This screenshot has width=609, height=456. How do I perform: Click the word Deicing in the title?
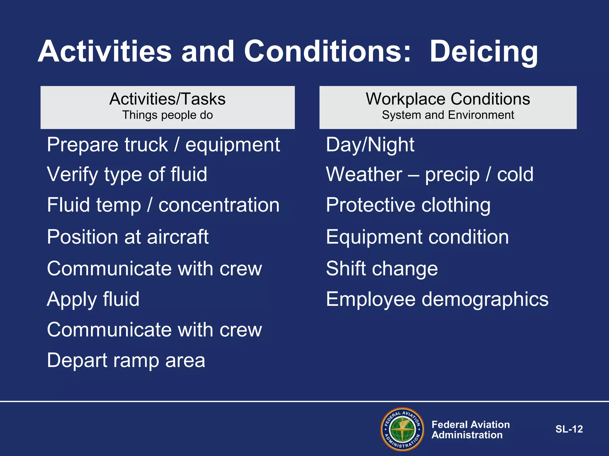pyautogui.click(x=484, y=52)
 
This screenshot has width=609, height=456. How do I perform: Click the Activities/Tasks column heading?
pyautogui.click(x=167, y=99)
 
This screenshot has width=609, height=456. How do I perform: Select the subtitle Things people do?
pyautogui.click(x=167, y=115)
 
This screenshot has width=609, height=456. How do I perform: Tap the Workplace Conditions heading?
pyautogui.click(x=448, y=99)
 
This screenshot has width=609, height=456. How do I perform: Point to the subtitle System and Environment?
pyautogui.click(x=448, y=115)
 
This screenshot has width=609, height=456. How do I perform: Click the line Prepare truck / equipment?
pyautogui.click(x=163, y=145)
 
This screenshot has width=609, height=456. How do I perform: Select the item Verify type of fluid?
pyautogui.click(x=127, y=175)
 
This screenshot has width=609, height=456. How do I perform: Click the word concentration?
pyautogui.click(x=219, y=205)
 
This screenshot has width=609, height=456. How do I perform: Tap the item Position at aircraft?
pyautogui.click(x=128, y=237)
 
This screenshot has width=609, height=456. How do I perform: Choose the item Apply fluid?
pyautogui.click(x=93, y=299)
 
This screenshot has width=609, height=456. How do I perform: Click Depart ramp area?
pyautogui.click(x=126, y=361)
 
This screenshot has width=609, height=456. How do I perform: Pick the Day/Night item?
pyautogui.click(x=370, y=145)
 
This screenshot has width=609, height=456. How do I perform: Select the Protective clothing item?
pyautogui.click(x=408, y=205)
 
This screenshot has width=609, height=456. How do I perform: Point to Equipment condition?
pyautogui.click(x=417, y=237)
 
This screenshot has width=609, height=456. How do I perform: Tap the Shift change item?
pyautogui.click(x=382, y=269)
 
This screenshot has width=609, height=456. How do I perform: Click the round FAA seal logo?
pyautogui.click(x=402, y=429)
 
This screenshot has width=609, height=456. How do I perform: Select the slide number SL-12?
pyautogui.click(x=569, y=429)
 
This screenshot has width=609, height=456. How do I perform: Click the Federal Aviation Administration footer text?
pyautogui.click(x=470, y=430)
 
